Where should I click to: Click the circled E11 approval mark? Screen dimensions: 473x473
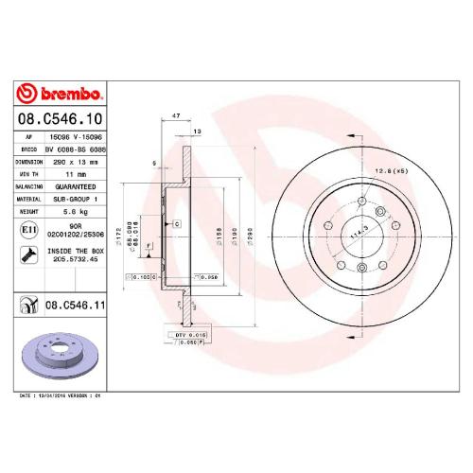coord(27,230)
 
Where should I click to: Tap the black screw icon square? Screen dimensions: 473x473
coord(27,254)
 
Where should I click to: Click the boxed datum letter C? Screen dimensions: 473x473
coord(176,223)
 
